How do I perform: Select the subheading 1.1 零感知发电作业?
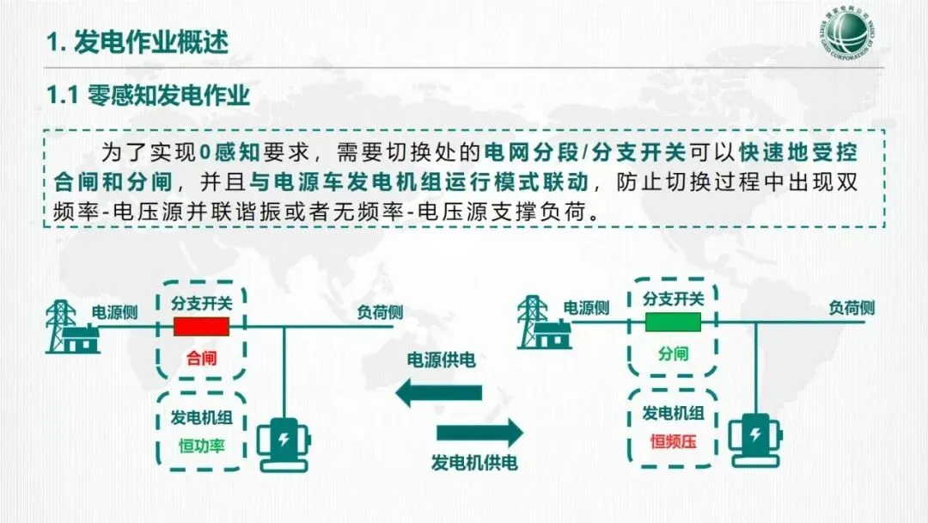[x=148, y=95]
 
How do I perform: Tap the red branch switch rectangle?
[x=202, y=327]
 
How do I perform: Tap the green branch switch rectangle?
[x=673, y=323]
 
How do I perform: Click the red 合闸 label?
[x=202, y=358]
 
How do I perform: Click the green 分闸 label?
[x=674, y=354]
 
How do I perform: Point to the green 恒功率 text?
[x=202, y=446]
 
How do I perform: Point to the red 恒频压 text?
[x=673, y=443]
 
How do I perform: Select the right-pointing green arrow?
[x=479, y=432]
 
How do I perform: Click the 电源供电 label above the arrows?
[x=441, y=360]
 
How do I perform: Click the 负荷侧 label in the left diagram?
[x=380, y=312]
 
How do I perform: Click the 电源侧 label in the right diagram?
[x=587, y=308]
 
